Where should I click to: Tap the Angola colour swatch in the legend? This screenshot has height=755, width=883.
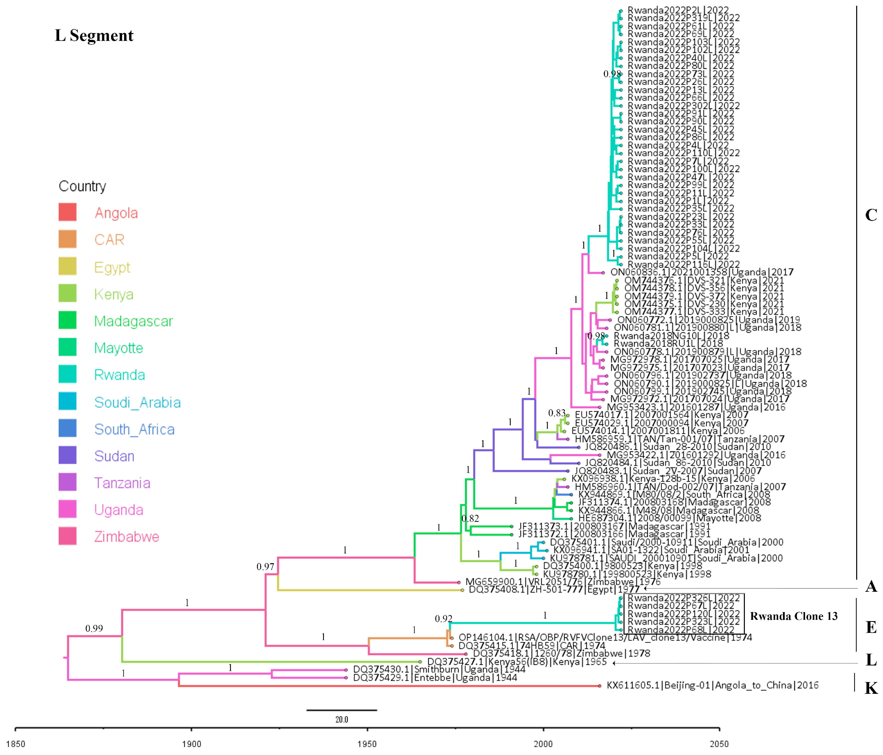pyautogui.click(x=67, y=212)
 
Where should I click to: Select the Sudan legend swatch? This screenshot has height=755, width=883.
pyautogui.click(x=67, y=455)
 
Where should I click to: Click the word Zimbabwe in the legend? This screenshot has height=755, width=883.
pyautogui.click(x=127, y=537)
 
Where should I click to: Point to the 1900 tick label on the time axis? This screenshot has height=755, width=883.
pyautogui.click(x=191, y=744)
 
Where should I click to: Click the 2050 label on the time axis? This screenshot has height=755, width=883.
pyautogui.click(x=719, y=744)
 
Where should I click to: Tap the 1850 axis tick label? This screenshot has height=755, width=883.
pyautogui.click(x=16, y=744)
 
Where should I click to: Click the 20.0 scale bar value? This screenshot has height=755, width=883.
pyautogui.click(x=341, y=720)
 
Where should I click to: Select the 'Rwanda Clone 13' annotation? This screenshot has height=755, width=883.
pyautogui.click(x=793, y=616)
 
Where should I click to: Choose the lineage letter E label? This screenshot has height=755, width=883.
pyautogui.click(x=871, y=627)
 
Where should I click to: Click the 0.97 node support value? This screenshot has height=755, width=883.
pyautogui.click(x=265, y=567)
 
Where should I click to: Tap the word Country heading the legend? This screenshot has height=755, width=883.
pyautogui.click(x=82, y=186)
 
